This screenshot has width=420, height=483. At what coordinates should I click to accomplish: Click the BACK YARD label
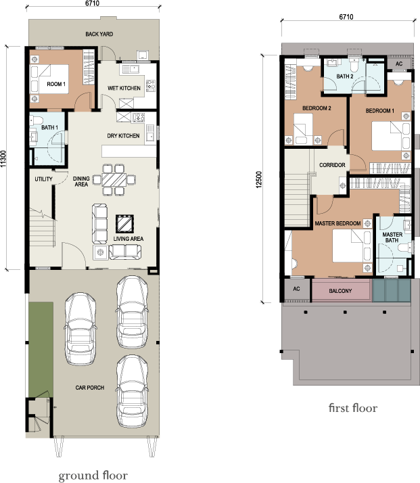99,34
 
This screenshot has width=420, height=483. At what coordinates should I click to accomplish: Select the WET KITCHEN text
124,89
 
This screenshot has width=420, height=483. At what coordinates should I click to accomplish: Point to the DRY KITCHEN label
124,136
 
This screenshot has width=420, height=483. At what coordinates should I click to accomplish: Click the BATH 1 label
49,127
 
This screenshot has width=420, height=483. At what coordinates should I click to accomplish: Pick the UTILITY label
44,179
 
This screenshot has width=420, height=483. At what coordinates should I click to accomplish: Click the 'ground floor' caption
93,476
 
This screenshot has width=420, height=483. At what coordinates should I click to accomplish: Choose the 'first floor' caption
352,408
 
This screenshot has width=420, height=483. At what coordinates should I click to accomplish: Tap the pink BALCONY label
340,291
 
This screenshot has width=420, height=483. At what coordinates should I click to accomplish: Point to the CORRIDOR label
332,165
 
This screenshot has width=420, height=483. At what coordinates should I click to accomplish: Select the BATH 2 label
345,77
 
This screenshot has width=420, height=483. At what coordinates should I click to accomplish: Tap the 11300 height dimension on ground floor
5,158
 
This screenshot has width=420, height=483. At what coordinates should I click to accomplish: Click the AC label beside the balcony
296,289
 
